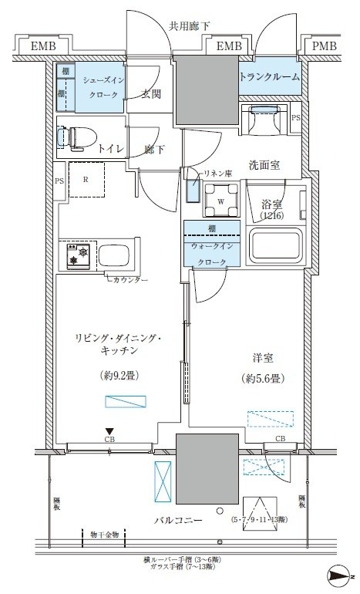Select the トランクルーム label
(269, 77)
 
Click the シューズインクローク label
(101, 86)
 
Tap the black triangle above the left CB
(109, 431)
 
